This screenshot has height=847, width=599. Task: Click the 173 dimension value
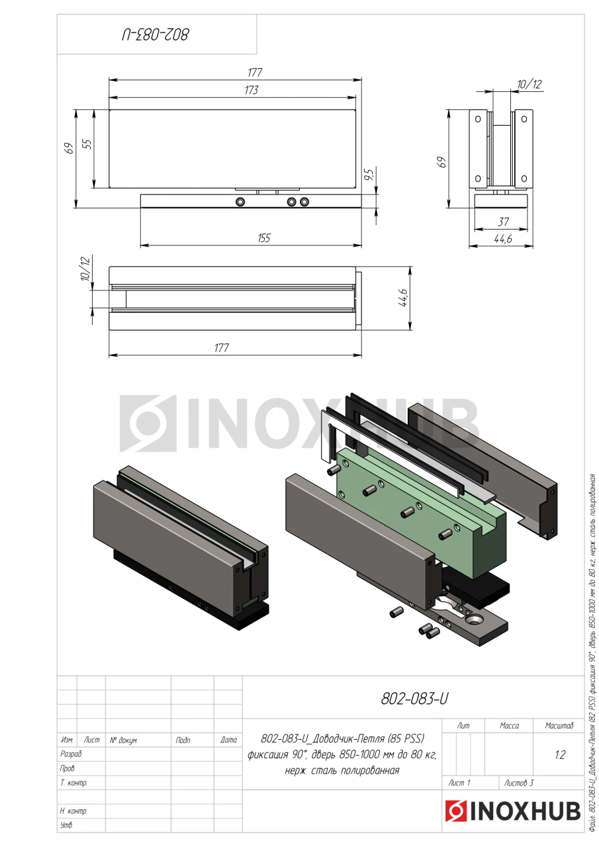coord(252,90)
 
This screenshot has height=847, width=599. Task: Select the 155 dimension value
coord(264,238)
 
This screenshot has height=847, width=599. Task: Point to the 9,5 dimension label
coord(369,174)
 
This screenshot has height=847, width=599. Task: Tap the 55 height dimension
coord(87,144)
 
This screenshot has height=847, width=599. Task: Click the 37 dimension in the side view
coord(503,222)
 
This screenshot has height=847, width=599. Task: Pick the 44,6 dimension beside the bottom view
coord(402,298)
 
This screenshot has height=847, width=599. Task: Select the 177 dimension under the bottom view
coord(222,347)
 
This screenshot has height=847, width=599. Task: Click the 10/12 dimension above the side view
coord(530,84)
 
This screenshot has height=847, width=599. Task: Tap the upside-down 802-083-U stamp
coord(155,35)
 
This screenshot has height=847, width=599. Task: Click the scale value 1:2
coord(560,755)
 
